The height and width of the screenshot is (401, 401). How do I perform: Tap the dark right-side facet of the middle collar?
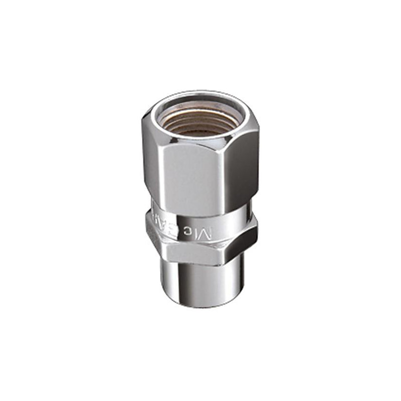[x=247, y=238]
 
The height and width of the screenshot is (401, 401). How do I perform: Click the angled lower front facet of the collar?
[x=195, y=253]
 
